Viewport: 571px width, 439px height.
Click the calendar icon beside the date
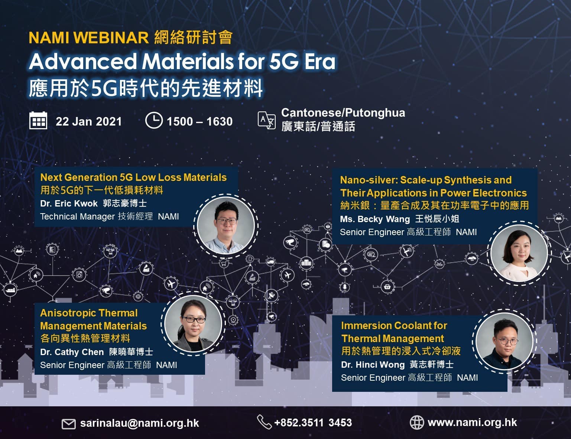(x=38, y=121)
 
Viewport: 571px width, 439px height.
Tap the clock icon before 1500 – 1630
(x=154, y=120)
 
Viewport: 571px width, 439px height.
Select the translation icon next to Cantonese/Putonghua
(x=266, y=120)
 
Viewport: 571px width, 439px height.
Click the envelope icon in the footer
(x=69, y=424)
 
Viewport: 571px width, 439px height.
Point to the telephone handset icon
(x=264, y=422)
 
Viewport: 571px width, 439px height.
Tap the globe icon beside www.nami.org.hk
(x=417, y=422)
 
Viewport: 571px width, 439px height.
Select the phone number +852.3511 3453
(x=313, y=423)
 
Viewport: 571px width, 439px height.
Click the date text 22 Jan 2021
(x=88, y=121)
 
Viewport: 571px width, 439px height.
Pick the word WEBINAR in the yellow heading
(x=111, y=38)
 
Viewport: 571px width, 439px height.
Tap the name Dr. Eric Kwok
(x=69, y=203)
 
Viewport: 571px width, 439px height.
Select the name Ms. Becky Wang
(x=375, y=219)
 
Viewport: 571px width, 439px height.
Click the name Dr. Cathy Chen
(x=72, y=352)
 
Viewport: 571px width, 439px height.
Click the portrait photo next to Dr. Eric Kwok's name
(x=226, y=226)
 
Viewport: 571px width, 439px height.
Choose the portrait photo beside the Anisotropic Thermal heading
(x=193, y=323)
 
